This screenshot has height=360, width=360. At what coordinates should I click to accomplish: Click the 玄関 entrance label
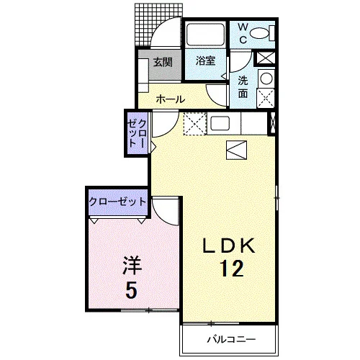163,62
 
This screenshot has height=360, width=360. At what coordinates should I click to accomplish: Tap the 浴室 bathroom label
205,61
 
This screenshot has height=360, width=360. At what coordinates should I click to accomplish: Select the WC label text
243,34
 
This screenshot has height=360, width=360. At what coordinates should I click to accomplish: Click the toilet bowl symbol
259,33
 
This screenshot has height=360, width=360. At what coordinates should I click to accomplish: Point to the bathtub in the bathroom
205,34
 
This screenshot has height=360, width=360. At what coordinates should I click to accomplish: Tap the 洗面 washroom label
243,87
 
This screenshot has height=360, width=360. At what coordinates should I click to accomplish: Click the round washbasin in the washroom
266,78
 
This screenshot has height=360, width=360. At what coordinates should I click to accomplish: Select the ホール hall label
171,99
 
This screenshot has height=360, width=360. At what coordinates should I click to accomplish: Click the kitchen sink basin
220,124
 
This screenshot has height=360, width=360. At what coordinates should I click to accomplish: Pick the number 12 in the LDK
232,269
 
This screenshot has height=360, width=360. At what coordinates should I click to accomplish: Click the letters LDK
228,246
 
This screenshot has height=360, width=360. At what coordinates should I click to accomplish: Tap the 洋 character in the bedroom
132,266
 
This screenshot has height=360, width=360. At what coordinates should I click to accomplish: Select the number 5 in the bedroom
132,289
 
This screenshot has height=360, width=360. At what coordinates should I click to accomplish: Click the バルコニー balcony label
232,339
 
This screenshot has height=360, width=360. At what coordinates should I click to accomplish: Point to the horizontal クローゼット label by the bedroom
117,202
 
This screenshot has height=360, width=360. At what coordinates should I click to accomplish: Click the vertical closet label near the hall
137,133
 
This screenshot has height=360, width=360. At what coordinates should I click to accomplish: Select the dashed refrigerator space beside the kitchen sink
195,124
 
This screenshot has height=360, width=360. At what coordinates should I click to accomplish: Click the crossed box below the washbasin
266,98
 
